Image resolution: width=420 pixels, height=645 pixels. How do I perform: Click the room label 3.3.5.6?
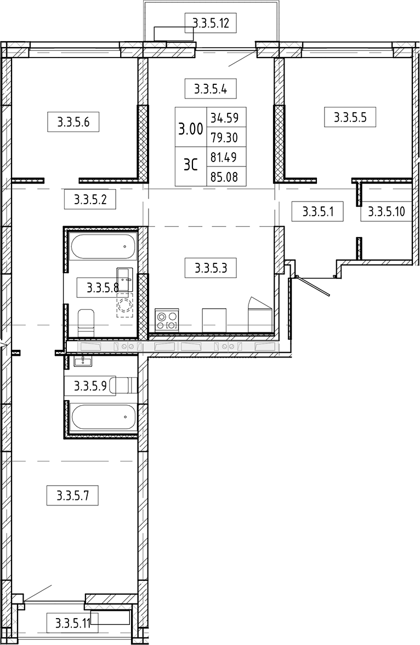[x=73, y=122]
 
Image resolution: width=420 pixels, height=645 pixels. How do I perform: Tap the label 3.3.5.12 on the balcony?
[x=211, y=22]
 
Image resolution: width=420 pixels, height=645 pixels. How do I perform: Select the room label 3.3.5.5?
[x=350, y=117]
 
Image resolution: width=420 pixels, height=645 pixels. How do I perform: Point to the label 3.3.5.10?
[x=386, y=211]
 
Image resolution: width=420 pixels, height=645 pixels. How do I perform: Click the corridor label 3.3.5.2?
[x=90, y=200]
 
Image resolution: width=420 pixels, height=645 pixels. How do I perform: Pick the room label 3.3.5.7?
[x=72, y=496]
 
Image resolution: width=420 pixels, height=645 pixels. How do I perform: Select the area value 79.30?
[x=224, y=137]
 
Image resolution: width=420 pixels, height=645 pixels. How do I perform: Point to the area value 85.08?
[x=224, y=177]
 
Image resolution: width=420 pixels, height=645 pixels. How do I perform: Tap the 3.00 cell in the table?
[x=191, y=129]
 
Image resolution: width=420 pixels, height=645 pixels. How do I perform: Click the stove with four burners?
[x=167, y=320]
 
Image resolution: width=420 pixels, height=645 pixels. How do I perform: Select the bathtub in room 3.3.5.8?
[x=103, y=247]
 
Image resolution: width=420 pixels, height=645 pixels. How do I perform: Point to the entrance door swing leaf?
[x=314, y=286]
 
